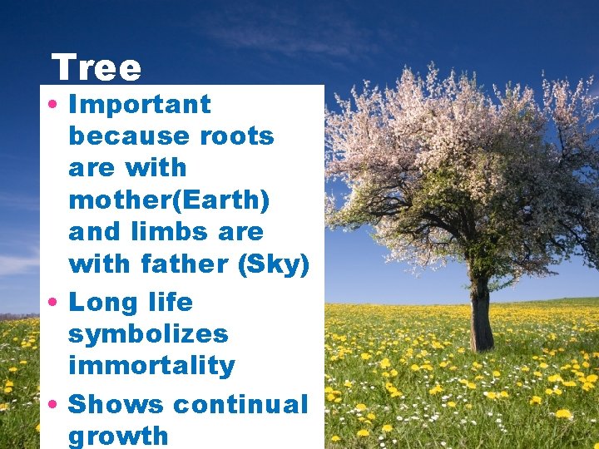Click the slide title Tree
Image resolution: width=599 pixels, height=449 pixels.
[97, 68]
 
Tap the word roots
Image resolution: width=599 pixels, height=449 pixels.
[237, 136]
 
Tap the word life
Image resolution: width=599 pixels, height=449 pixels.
[169, 302]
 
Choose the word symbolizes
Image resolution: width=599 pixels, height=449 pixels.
[148, 334]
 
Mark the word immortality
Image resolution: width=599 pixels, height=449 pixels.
[151, 366]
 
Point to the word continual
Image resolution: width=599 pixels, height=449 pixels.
[240, 404]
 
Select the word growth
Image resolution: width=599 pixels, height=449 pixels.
[118, 437]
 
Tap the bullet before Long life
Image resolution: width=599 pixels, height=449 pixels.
[52, 303]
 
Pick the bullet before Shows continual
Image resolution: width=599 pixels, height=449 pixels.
[52, 405]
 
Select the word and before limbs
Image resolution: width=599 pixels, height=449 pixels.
[94, 231]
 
